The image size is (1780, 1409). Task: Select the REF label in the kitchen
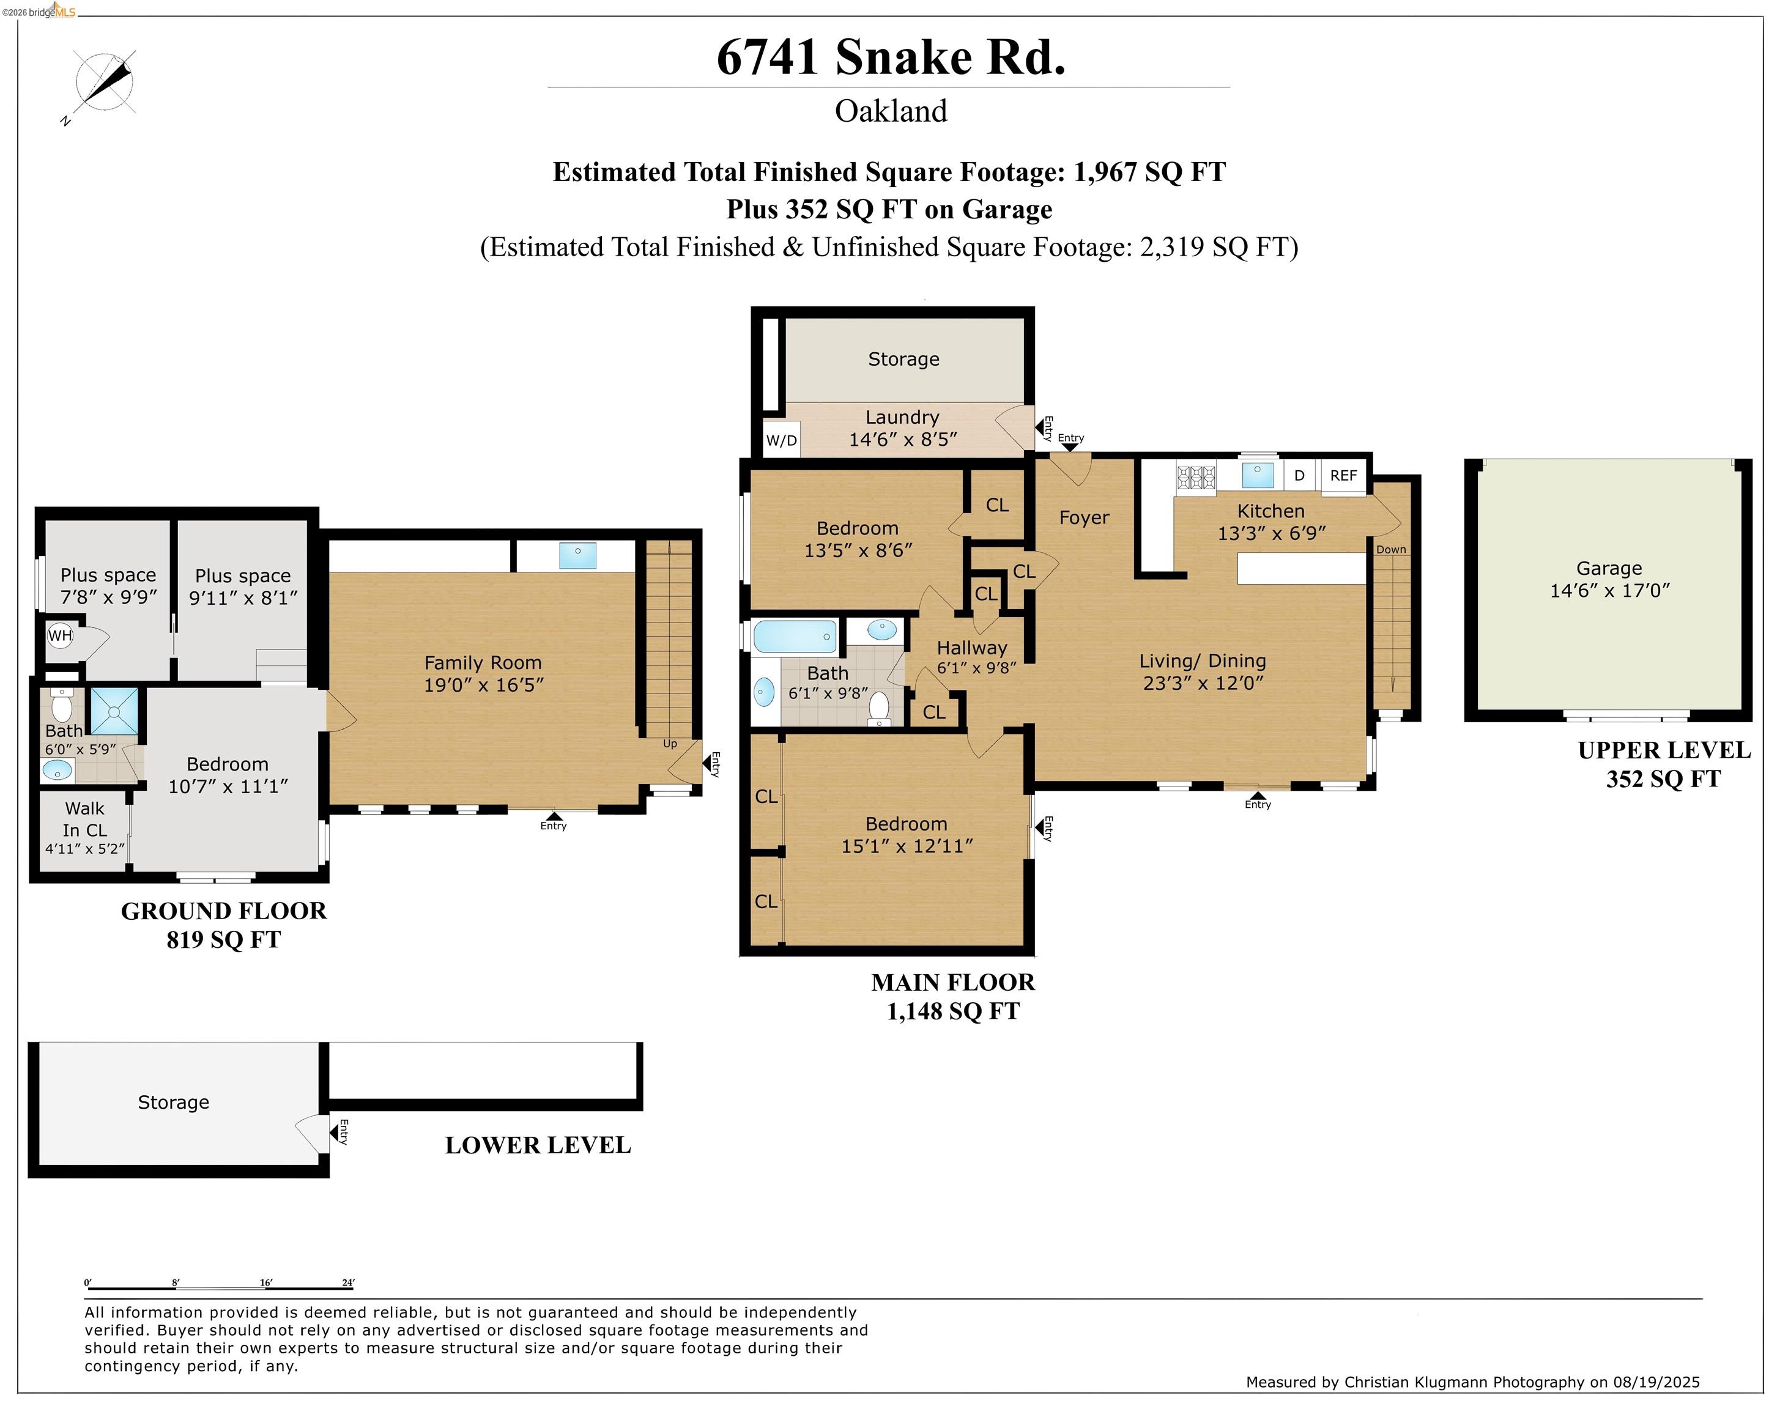(x=1343, y=475)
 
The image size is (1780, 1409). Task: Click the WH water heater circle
(x=60, y=635)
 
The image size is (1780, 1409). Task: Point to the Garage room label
(x=1608, y=568)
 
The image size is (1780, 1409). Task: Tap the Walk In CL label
(x=85, y=819)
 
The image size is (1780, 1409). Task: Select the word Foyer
(x=1083, y=517)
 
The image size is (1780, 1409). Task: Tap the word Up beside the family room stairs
(x=670, y=743)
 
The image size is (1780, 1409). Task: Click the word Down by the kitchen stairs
(x=1390, y=549)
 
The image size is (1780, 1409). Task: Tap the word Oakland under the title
(x=891, y=111)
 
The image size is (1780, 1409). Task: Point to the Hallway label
(x=971, y=648)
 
